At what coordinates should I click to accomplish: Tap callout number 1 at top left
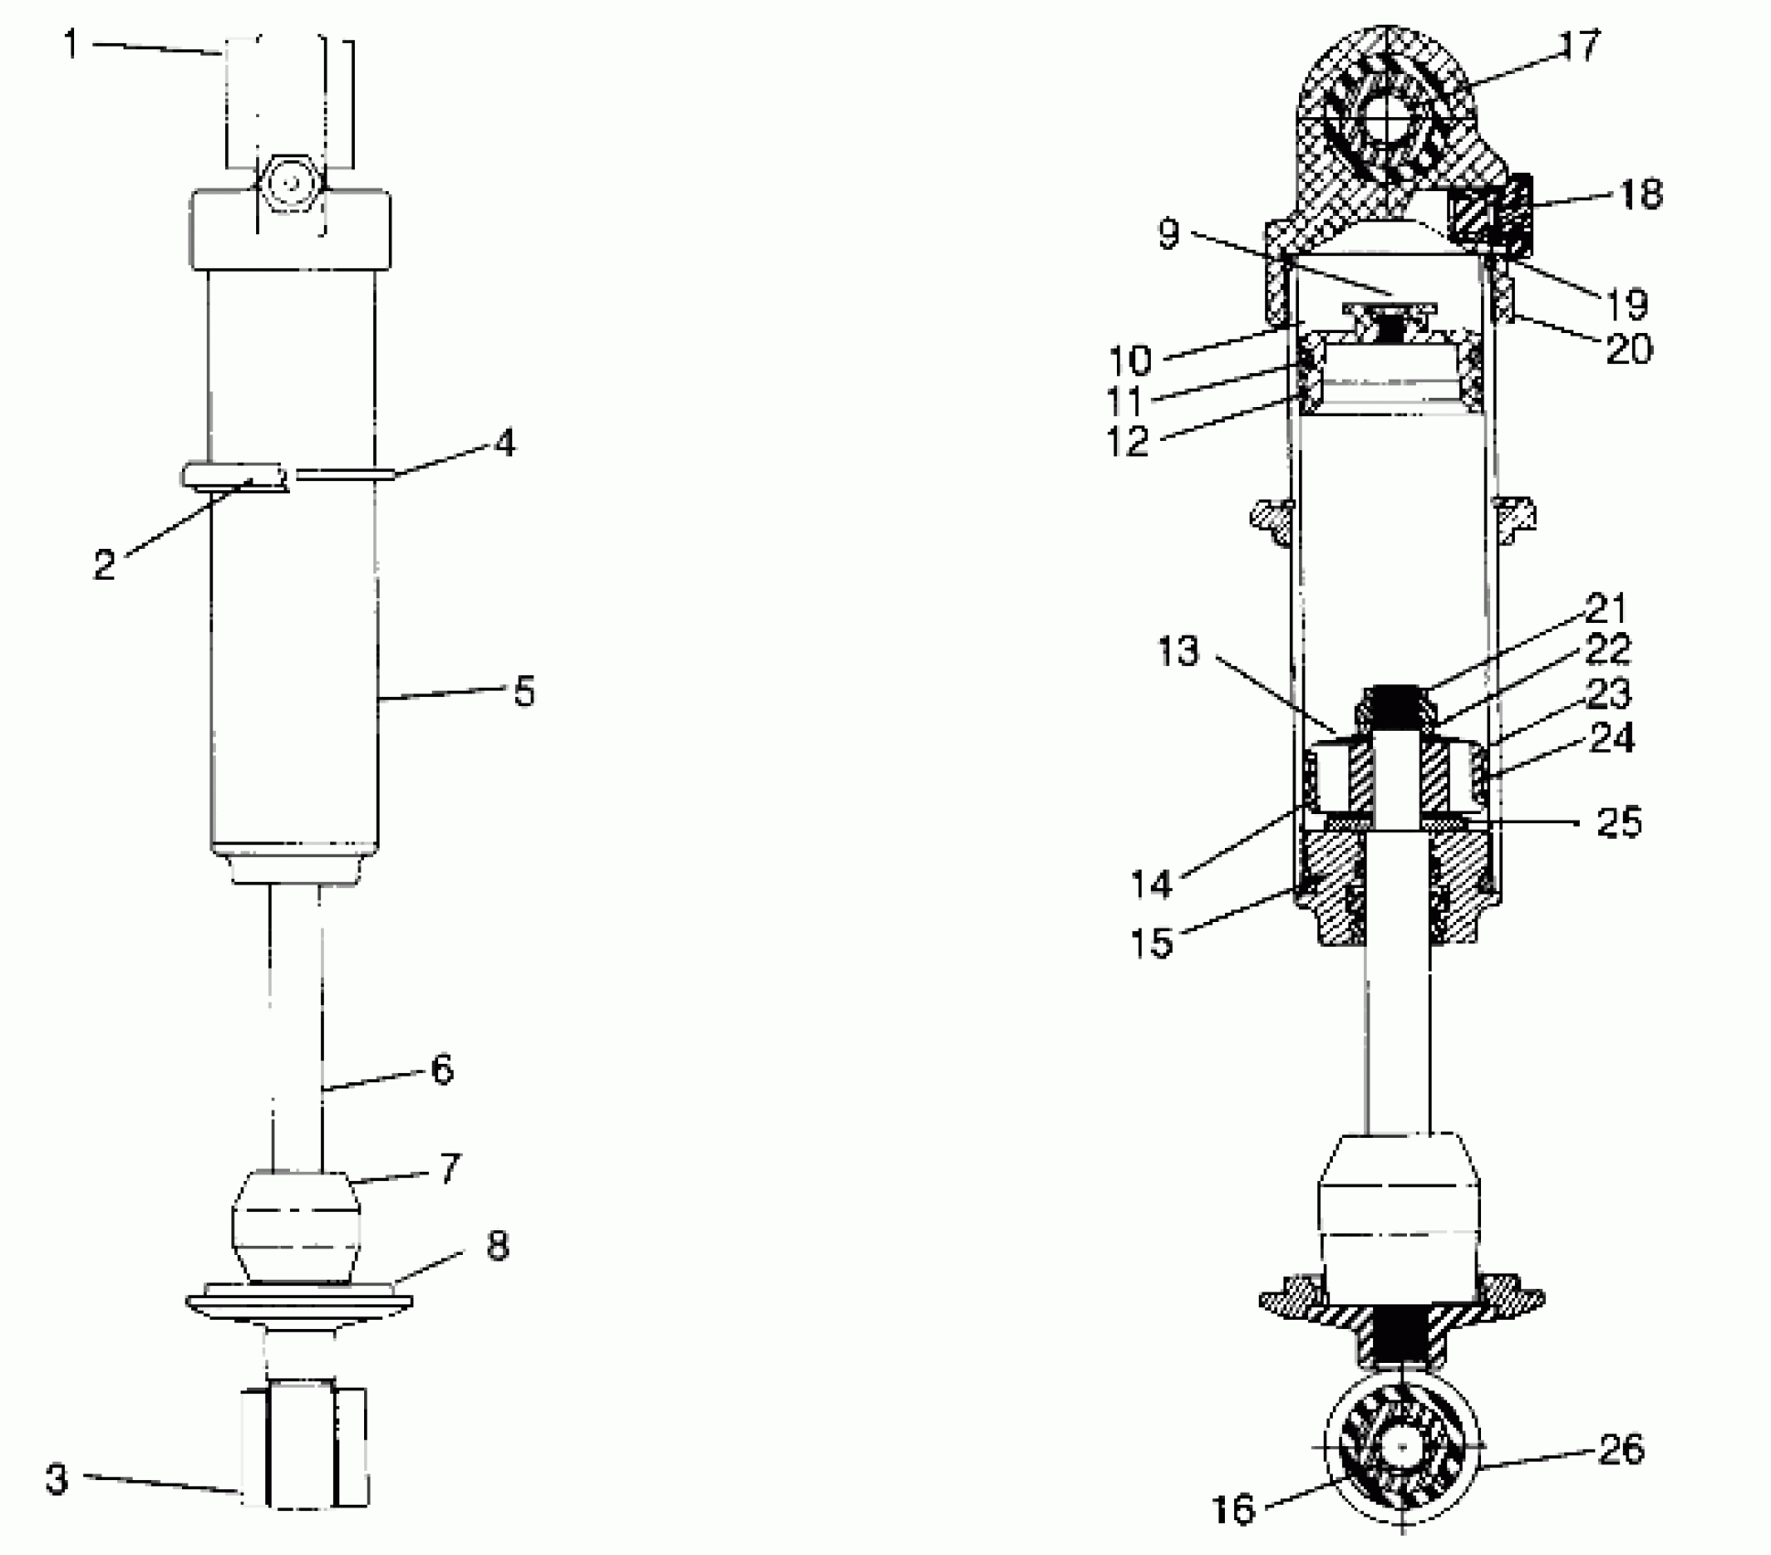tap(70, 43)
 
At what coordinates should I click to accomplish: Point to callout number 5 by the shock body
tap(523, 692)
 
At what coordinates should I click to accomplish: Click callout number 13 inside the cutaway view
tap(1178, 651)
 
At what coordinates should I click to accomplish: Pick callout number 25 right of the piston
tap(1618, 822)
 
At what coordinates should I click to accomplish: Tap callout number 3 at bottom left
tap(57, 1479)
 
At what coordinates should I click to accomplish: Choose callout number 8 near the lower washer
tap(497, 1246)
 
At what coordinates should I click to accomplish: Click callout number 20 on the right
tap(1629, 349)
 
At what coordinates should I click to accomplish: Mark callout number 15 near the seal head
tap(1152, 942)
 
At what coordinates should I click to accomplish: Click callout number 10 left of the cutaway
tap(1131, 360)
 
